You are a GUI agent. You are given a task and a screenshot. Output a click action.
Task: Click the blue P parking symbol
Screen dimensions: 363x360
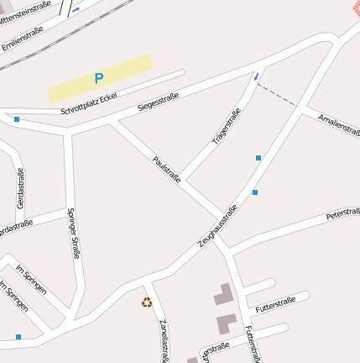pyautogui.click(x=98, y=78)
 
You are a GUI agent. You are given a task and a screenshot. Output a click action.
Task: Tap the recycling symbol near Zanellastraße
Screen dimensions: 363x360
pyautogui.click(x=147, y=302)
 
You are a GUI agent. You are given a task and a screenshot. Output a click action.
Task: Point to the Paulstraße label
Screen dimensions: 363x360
pyautogui.click(x=166, y=169)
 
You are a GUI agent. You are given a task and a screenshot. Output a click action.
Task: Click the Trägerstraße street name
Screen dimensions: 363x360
pyautogui.click(x=226, y=125)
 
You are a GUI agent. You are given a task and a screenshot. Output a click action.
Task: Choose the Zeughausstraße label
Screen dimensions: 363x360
pyautogui.click(x=217, y=224)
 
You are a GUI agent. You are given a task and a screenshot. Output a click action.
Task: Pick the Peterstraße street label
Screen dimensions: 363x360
pyautogui.click(x=342, y=213)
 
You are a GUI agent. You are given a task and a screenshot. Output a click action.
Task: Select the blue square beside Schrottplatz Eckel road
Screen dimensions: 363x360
pyautogui.click(x=17, y=119)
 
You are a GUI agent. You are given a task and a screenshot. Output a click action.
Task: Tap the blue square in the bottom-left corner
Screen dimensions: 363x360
pyautogui.click(x=18, y=337)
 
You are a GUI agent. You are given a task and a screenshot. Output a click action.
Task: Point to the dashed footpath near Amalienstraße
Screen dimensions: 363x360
pyautogui.click(x=279, y=95)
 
